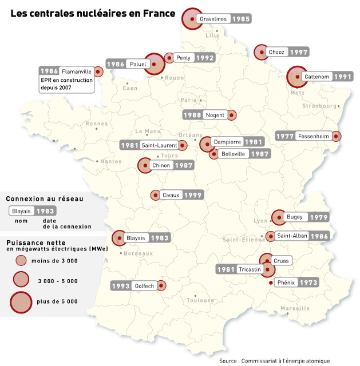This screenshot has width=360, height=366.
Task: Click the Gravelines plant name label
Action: tap(214, 19)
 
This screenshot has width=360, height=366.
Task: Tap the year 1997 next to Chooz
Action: tap(299, 52)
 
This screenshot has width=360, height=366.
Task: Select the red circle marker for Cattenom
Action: tap(297, 76)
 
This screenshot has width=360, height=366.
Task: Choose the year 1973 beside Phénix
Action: tap(308, 283)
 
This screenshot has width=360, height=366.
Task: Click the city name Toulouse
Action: tap(200, 300)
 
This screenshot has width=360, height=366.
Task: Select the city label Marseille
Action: tap(295, 308)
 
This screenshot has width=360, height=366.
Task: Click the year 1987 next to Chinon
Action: tap(184, 166)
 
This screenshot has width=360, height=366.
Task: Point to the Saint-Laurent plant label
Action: tap(159, 145)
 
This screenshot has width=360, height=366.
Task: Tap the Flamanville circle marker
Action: tap(98, 72)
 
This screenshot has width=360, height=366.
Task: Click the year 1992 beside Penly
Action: tap(204, 58)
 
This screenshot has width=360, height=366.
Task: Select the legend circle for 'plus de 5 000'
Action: tap(21, 301)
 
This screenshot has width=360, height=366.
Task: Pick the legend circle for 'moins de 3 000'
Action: tap(21, 261)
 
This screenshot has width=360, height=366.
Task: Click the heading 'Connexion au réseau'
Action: tap(44, 198)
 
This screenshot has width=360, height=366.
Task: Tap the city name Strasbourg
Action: tap(319, 106)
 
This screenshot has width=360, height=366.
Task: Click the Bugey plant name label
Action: tap(295, 217)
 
